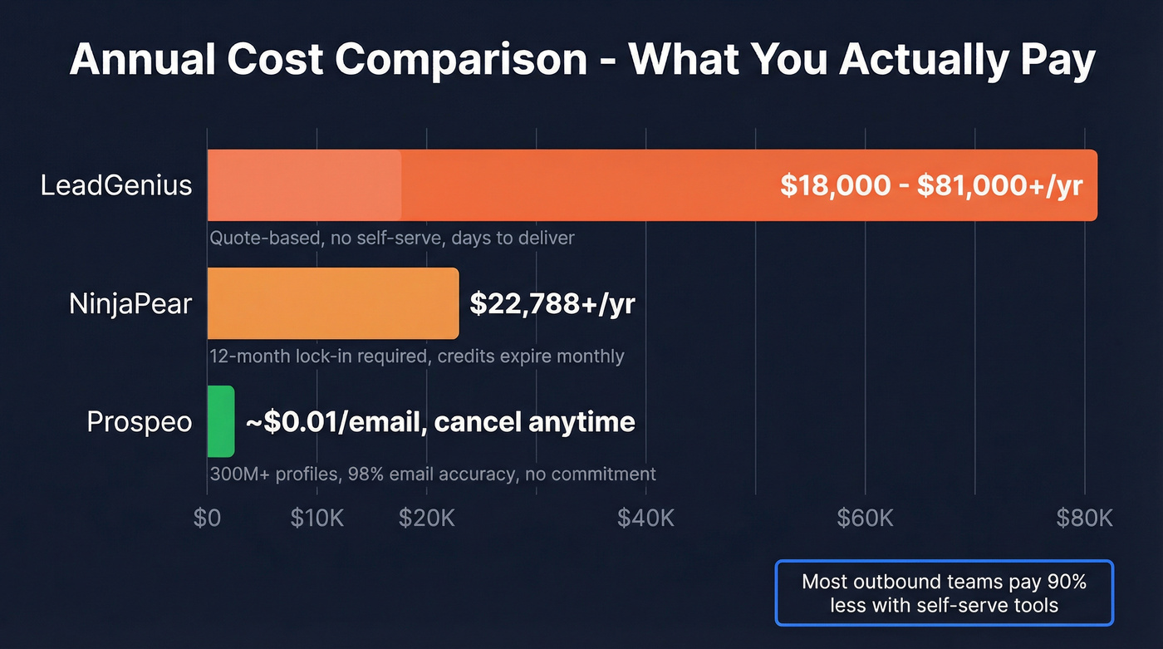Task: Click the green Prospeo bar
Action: tap(221, 421)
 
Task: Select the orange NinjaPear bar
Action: tap(332, 303)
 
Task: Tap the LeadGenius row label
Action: tap(116, 184)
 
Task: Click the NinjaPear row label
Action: tap(130, 303)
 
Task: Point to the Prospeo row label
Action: tap(140, 422)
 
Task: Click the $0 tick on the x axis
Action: tap(207, 518)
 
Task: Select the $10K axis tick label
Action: tap(317, 518)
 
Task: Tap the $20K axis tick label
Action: tap(427, 518)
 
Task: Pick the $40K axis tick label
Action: tap(645, 518)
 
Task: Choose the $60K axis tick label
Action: tap(865, 518)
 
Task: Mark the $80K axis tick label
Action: tap(1084, 518)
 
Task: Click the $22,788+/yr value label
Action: tap(552, 303)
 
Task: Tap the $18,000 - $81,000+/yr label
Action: tap(931, 185)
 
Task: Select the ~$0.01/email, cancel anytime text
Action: tap(440, 422)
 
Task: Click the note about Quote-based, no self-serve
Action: tap(391, 238)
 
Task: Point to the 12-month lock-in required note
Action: tap(416, 356)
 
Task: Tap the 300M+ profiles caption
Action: tap(432, 474)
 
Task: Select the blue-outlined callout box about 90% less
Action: tap(944, 592)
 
